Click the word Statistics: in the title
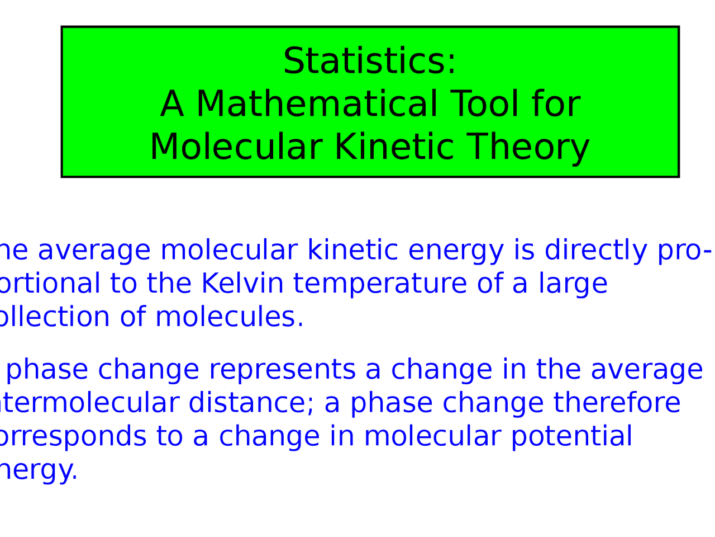click(x=369, y=61)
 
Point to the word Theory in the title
click(x=528, y=147)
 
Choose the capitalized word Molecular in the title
click(x=236, y=147)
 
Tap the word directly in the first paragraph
click(x=595, y=251)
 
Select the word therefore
click(x=617, y=403)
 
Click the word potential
click(x=571, y=437)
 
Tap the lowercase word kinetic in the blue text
click(x=352, y=251)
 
